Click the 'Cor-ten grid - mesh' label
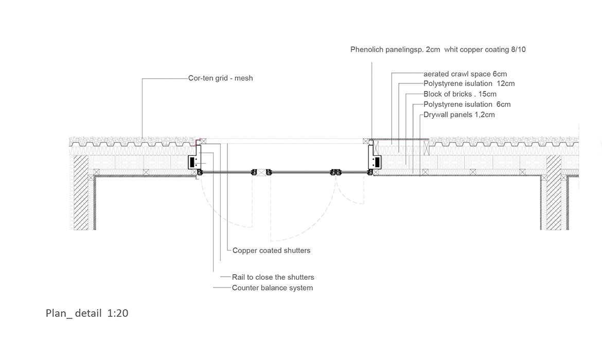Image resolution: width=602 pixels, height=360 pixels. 220,79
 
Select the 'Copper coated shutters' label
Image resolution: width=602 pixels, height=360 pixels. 271,251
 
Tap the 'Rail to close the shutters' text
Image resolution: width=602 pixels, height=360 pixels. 273,277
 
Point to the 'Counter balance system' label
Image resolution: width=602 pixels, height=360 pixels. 272,288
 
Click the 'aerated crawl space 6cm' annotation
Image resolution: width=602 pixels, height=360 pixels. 465,74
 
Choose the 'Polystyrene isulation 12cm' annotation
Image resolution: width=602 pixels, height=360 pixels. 469,84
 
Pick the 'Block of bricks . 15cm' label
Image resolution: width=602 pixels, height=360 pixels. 460,94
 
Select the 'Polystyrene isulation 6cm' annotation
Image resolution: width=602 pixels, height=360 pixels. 467,104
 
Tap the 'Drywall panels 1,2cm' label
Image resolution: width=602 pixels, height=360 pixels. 459,115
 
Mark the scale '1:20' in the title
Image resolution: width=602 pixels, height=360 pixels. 118,313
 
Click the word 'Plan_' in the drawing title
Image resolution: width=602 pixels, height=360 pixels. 58,313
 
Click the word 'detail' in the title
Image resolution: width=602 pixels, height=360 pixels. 88,313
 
